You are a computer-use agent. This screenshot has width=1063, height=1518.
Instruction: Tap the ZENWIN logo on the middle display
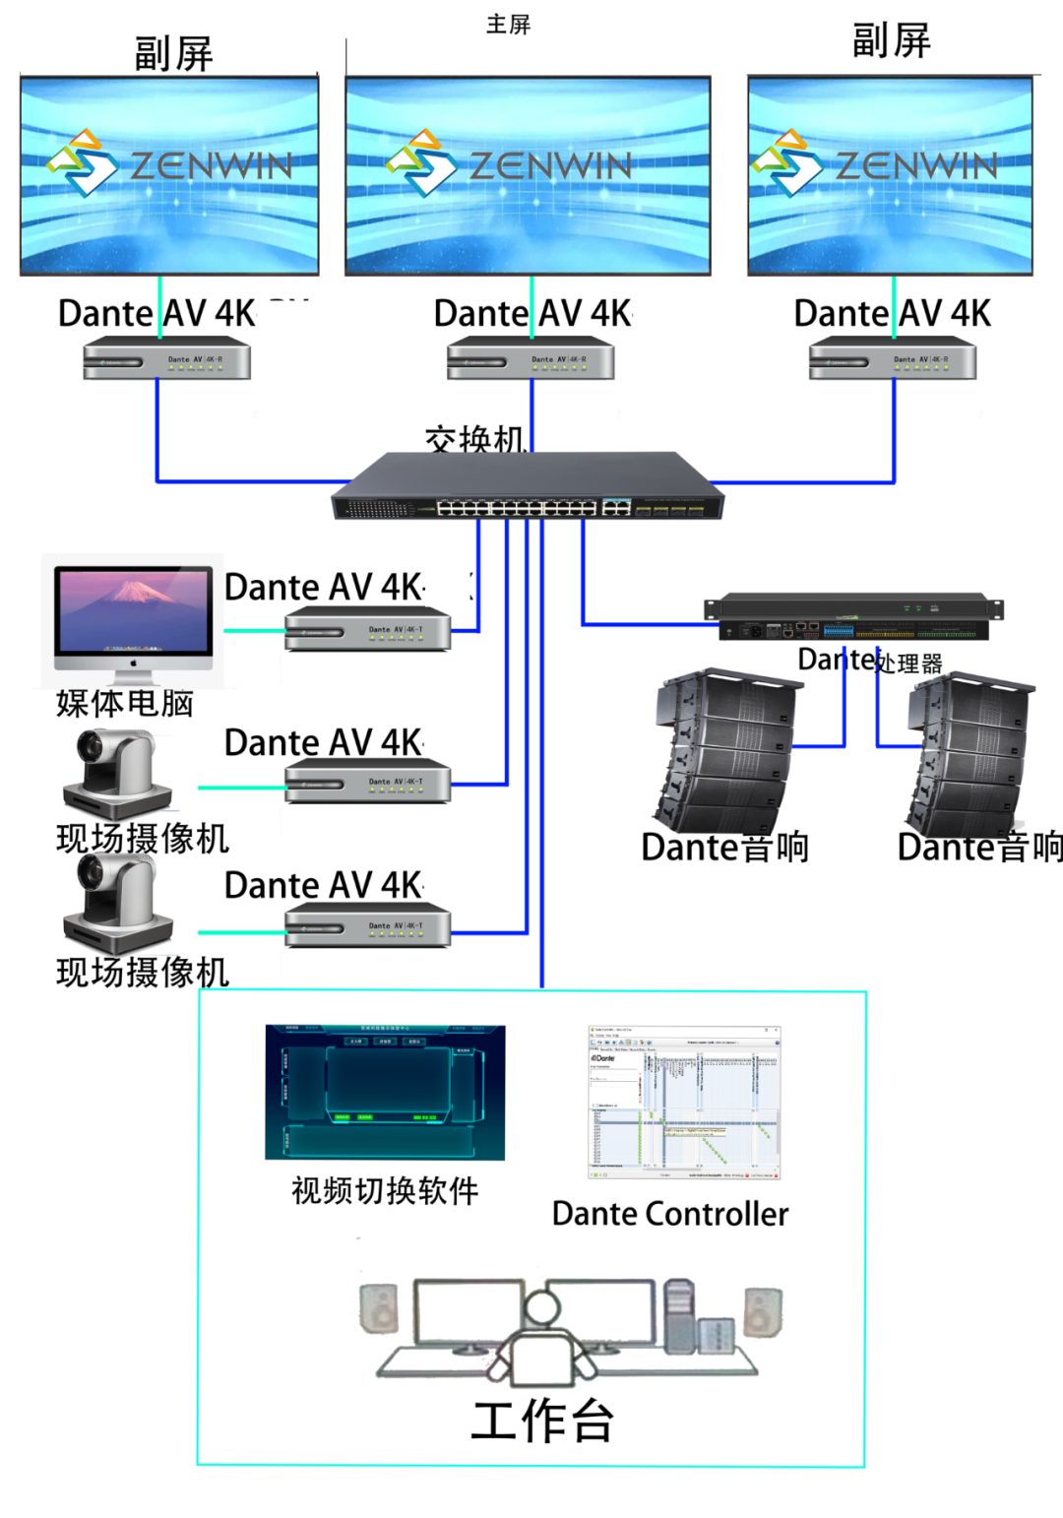(510, 164)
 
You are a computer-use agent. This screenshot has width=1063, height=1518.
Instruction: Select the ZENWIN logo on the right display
(875, 164)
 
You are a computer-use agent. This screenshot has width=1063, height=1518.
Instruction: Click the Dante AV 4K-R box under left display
(166, 359)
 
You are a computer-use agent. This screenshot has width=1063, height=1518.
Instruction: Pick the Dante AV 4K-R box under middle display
(531, 359)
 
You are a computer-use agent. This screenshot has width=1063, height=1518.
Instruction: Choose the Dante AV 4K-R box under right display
(892, 359)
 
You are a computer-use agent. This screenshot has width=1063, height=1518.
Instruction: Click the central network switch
(528, 487)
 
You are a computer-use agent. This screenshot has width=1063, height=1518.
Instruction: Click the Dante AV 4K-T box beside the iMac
(368, 629)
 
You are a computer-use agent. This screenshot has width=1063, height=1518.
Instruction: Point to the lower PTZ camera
(116, 903)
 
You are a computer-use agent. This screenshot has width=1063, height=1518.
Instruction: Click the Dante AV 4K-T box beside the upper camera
(368, 782)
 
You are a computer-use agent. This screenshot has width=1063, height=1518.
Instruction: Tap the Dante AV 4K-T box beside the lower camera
(368, 926)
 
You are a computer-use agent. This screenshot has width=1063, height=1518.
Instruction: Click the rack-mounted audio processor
(853, 618)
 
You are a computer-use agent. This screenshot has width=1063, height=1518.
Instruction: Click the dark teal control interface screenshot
(385, 1092)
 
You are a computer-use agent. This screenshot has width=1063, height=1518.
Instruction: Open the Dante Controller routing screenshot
(685, 1103)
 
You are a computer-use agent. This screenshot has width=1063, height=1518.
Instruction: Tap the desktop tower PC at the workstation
(678, 1315)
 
